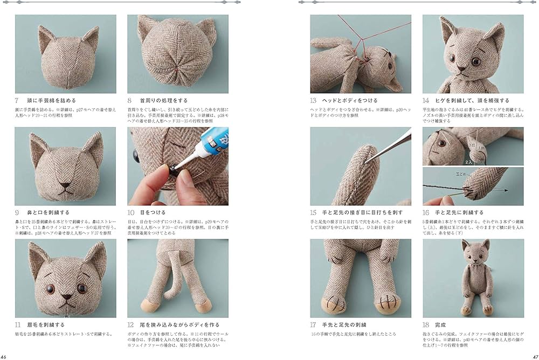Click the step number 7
17,101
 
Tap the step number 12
131,326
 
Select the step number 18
426,326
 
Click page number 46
4,356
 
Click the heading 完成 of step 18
441,326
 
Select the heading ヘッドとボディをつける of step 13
350,101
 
